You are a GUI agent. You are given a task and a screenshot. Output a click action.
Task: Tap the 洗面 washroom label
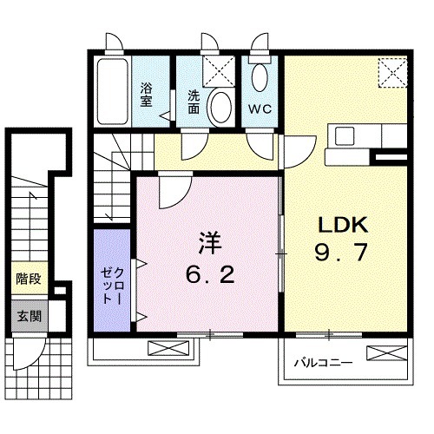pos(193,102)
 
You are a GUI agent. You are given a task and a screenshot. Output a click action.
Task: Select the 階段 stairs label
pos(28,279)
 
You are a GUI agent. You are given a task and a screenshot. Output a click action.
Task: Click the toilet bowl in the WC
pos(260,78)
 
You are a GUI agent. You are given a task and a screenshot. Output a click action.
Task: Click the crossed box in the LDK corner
pos(392,71)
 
